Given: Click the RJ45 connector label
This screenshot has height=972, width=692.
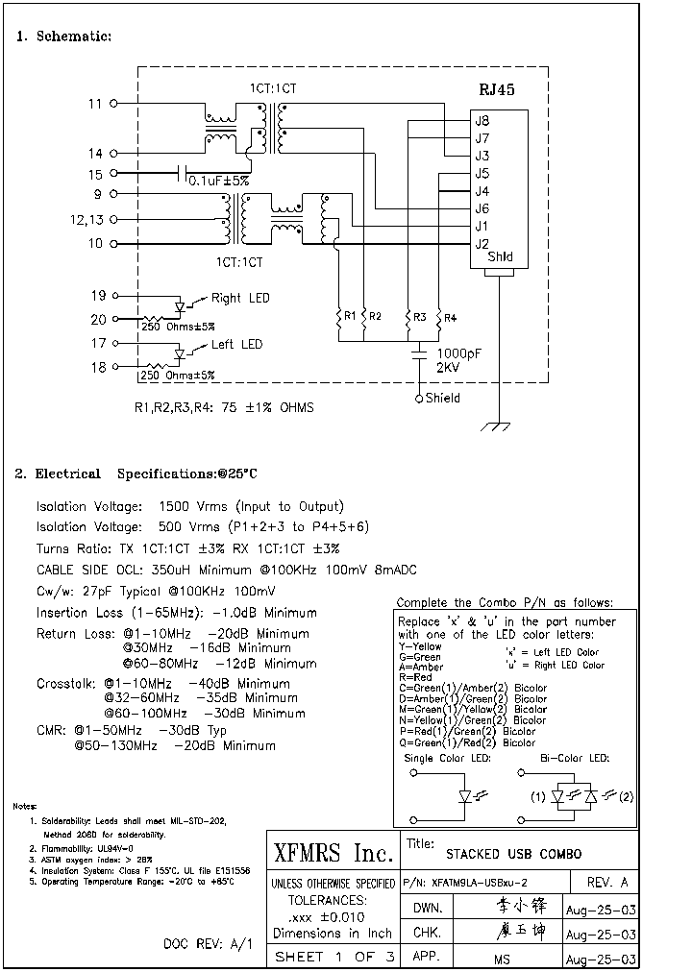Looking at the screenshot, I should coord(497,89).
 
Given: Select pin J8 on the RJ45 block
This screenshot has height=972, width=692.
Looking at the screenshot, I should coord(482,121).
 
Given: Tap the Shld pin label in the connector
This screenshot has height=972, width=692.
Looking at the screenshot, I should coord(500,257).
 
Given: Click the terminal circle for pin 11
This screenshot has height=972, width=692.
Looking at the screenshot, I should coord(114,103).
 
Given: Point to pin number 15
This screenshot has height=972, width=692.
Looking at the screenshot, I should coord(95,174).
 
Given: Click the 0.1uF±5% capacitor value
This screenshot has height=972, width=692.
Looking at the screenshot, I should coord(218,181).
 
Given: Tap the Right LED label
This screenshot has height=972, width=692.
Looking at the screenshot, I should coord(240,298).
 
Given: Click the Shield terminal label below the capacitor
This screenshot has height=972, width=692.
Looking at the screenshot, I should coord(442,398).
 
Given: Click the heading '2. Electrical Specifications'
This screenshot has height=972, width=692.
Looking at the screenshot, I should coord(136,474).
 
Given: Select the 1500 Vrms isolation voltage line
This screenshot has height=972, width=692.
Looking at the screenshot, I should coord(189,506).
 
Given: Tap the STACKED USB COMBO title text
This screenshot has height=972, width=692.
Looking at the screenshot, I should coord(513,853).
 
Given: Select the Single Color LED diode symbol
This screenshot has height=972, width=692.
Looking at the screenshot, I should coord(466,796).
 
